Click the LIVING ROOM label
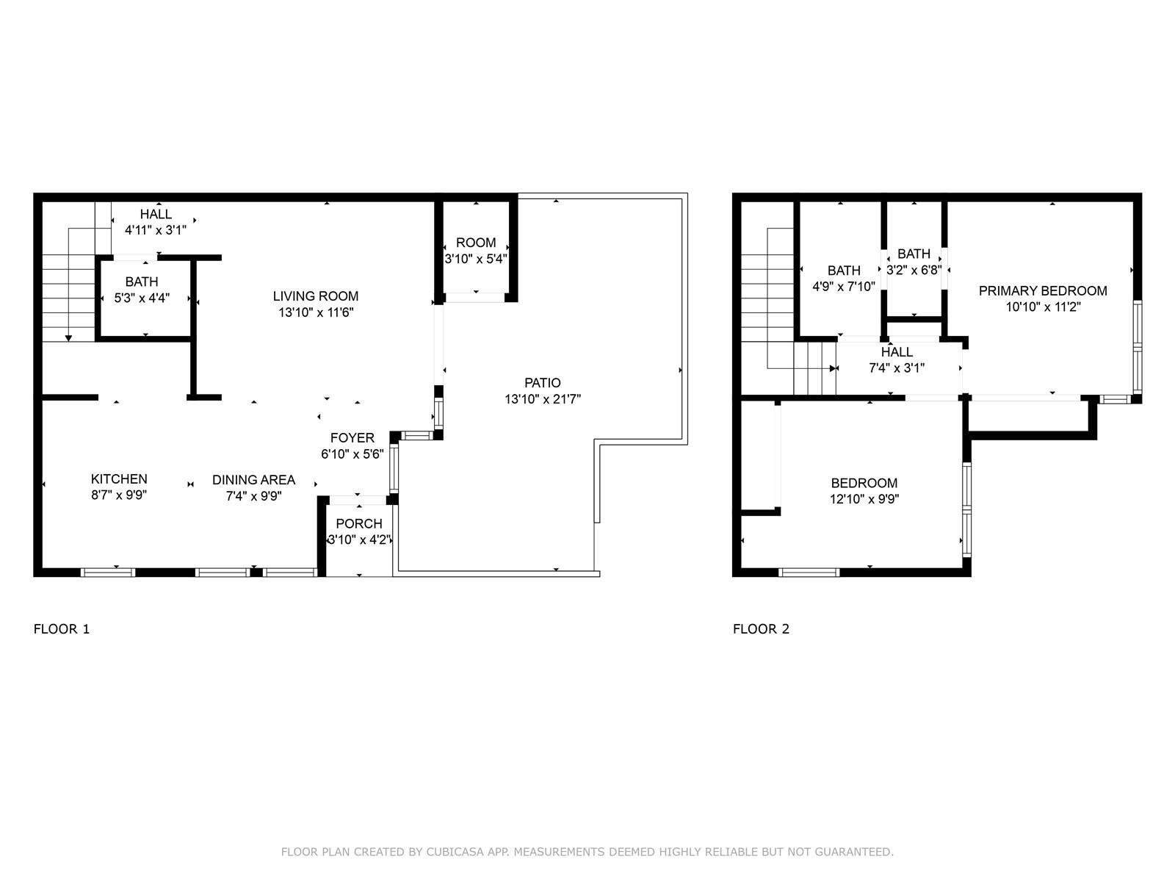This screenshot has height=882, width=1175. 316,296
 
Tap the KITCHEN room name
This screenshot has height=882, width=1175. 119,478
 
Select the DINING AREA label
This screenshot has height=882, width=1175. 254,480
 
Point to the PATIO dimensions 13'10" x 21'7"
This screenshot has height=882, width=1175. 543,399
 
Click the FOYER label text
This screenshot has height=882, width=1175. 352,438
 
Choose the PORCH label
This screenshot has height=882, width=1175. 359,524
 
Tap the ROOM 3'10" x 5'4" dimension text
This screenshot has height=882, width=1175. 476,259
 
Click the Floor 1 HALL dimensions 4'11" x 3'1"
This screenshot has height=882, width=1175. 156,230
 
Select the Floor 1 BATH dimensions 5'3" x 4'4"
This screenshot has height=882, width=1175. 142,298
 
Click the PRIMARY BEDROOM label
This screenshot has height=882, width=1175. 1044,291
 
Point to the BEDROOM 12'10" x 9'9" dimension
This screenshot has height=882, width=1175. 864,499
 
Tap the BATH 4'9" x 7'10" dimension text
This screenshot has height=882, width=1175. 845,287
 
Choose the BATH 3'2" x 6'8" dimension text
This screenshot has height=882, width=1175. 914,270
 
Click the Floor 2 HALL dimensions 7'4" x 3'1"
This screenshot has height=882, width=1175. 897,368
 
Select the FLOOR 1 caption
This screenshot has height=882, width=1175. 62,628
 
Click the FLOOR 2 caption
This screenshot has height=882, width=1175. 762,628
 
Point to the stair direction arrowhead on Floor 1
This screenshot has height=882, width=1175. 68,338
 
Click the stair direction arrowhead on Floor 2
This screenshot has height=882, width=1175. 833,368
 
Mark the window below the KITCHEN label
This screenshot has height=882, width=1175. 108,573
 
